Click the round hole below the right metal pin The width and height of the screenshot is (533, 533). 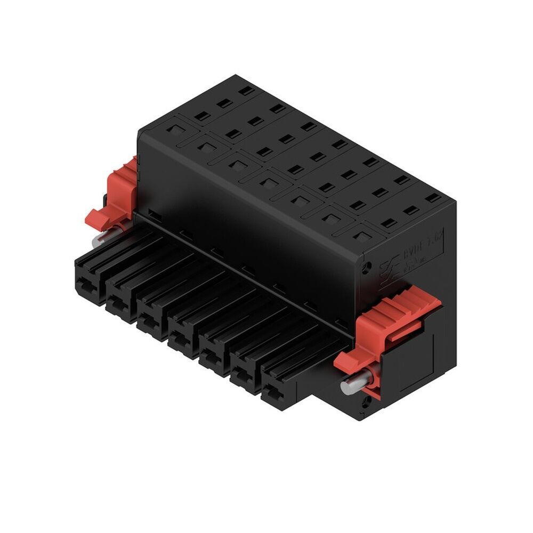366,403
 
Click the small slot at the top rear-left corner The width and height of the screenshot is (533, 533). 246,91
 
